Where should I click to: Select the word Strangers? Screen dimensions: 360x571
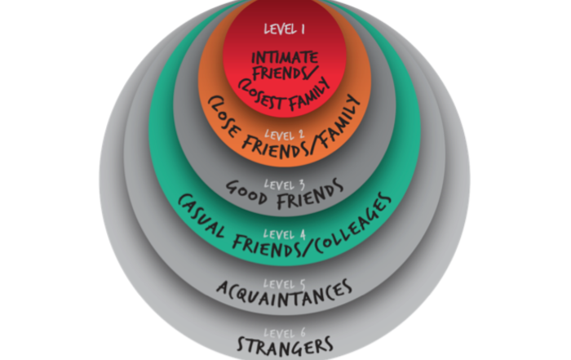[285, 344]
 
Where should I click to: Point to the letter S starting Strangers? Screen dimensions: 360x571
[242, 344]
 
